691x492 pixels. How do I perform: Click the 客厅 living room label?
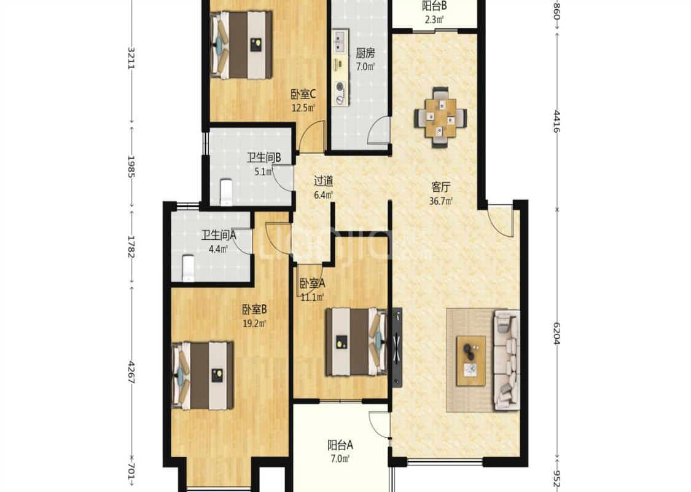coord(440,188)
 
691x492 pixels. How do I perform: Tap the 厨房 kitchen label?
coord(365,54)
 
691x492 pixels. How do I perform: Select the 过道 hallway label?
coord(323,181)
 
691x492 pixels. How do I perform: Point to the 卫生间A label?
coord(219,235)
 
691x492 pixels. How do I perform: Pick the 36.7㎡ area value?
coord(441,201)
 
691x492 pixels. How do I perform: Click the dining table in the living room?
coord(440,117)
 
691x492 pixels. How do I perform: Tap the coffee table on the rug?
coord(470,360)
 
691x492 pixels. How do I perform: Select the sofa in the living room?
coord(507,359)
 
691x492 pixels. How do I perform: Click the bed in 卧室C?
coord(241,44)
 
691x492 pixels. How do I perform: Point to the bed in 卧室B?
coord(202,376)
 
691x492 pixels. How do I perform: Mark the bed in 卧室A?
coord(356,343)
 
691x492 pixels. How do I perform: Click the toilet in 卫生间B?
coord(225,192)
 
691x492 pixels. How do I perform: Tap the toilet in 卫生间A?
coord(188,268)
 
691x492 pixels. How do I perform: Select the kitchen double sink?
coord(340,42)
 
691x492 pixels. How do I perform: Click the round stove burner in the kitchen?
coord(340,87)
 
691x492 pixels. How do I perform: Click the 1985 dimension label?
coord(130,166)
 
